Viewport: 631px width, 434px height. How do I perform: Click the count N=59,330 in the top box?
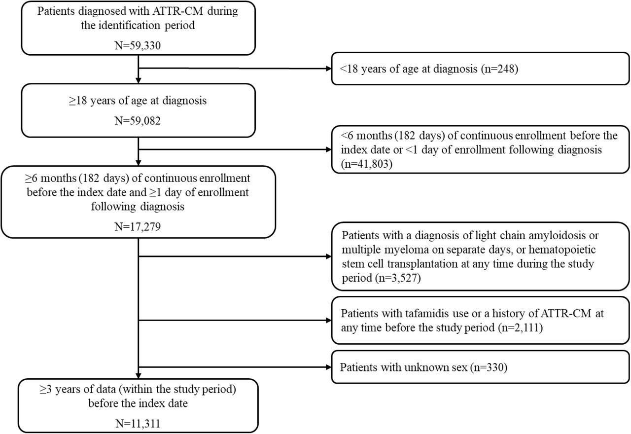[138, 45]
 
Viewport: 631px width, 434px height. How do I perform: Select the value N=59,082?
[138, 121]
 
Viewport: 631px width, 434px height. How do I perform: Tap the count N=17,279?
[138, 226]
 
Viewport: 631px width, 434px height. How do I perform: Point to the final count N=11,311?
[138, 423]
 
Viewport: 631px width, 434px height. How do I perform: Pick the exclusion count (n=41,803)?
[366, 164]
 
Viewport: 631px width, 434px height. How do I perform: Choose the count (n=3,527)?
[398, 278]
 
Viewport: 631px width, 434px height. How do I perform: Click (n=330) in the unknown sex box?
[489, 367]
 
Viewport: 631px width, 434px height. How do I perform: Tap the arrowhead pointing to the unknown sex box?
[328, 367]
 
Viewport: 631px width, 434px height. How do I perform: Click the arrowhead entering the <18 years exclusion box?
[328, 69]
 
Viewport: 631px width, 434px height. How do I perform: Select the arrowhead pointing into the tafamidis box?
[328, 321]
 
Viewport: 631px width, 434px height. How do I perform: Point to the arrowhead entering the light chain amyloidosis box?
[328, 256]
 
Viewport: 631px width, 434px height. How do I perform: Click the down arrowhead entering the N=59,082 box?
[139, 80]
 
